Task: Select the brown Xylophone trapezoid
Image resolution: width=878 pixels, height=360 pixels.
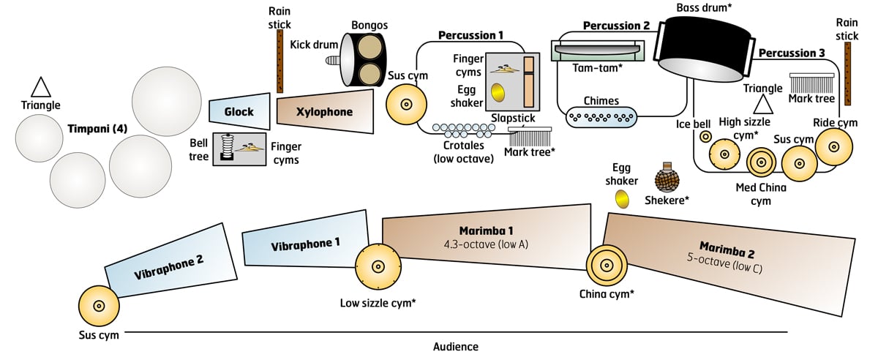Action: (324, 112)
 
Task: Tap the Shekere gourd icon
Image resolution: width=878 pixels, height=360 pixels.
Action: (666, 179)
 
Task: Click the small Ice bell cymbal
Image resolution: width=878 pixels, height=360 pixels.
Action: (705, 137)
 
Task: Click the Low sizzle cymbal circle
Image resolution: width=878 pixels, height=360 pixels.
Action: (378, 267)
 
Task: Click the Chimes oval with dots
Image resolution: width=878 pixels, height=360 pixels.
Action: (602, 116)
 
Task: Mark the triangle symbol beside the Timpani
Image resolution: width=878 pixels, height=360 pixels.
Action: (40, 86)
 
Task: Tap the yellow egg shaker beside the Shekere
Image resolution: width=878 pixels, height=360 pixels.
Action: (622, 198)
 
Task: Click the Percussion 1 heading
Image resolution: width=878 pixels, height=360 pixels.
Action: (470, 34)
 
